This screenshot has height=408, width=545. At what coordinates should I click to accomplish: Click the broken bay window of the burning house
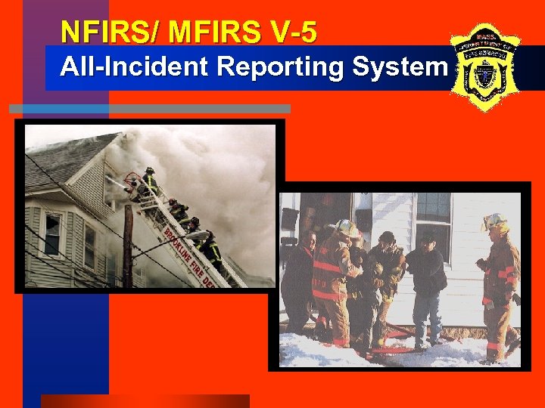point(52,234)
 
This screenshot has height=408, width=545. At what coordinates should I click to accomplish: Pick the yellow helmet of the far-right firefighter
point(495,221)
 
